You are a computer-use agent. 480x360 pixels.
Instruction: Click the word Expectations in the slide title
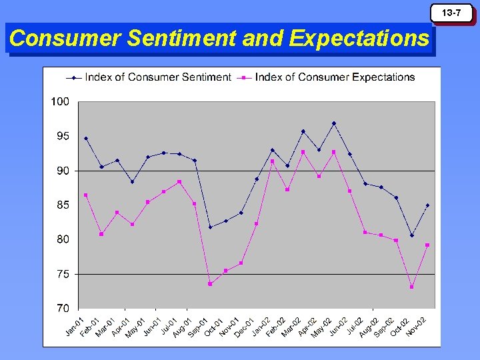tap(360, 39)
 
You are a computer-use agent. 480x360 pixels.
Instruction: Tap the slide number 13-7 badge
tap(454, 13)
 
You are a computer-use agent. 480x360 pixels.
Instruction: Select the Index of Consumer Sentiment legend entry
tap(157, 77)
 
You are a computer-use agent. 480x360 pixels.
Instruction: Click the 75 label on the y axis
tap(63, 274)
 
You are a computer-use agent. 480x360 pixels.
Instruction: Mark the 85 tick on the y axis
tap(63, 205)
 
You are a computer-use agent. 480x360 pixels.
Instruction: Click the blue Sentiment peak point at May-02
tap(334, 123)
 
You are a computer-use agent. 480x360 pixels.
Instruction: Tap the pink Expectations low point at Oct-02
tap(412, 287)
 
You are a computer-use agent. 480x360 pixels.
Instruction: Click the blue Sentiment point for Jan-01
tap(86, 139)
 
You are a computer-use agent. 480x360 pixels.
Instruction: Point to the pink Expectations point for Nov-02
tap(427, 245)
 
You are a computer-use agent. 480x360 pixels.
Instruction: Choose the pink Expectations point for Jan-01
tap(86, 195)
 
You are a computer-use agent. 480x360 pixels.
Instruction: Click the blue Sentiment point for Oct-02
tap(412, 235)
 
